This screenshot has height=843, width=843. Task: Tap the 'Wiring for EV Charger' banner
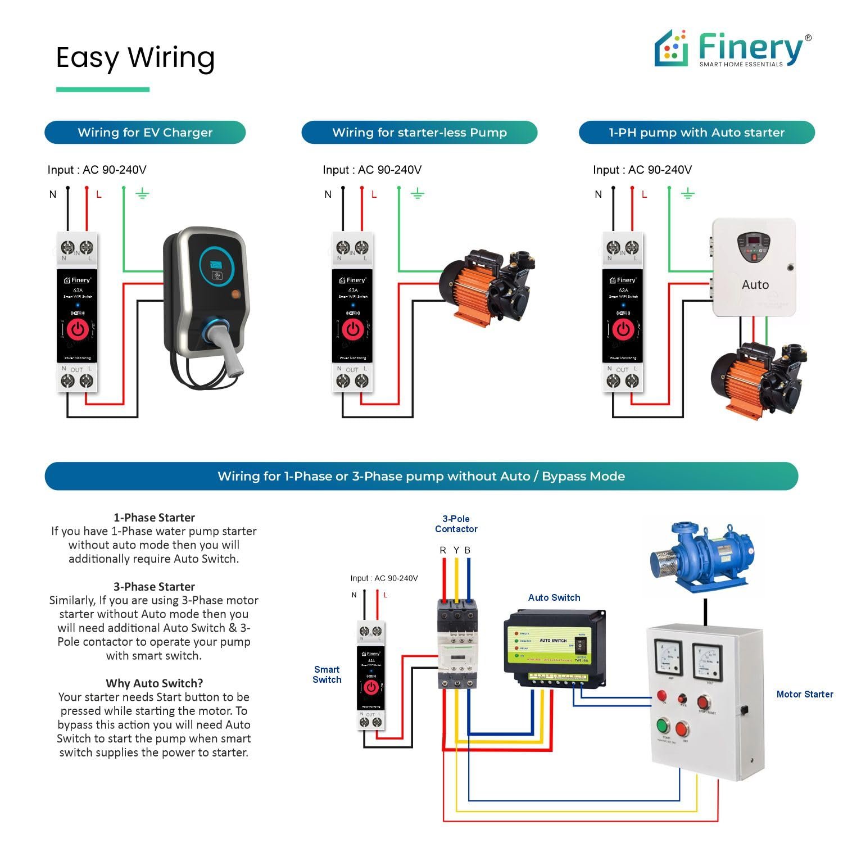(145, 133)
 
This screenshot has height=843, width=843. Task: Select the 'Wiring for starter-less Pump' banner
(419, 133)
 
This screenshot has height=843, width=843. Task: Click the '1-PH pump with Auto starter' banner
(696, 133)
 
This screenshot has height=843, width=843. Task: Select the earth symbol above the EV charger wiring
(142, 194)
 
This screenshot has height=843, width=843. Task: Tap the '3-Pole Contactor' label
(456, 524)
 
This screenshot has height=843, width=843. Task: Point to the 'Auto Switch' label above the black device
(554, 597)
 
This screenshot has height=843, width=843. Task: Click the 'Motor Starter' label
(804, 694)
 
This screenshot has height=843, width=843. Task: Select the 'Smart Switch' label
(327, 674)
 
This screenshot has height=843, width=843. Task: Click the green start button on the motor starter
(664, 727)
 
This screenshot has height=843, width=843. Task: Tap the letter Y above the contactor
(456, 550)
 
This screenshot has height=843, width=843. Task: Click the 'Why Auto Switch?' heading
(154, 683)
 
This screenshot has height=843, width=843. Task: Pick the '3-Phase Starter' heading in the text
(154, 587)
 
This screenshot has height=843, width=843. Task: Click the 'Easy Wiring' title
(135, 57)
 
